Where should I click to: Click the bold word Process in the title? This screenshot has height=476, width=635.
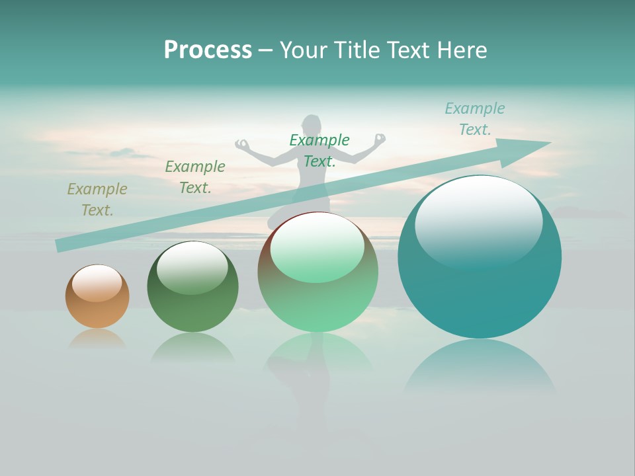208,50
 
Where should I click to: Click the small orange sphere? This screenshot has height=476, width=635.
97,297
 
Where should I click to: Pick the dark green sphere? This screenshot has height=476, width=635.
192,288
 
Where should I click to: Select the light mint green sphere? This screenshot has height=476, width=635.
317,272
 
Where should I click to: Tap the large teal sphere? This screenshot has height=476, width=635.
480,258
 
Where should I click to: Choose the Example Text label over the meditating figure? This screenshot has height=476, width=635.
319,151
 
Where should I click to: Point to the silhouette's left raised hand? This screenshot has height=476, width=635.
242,143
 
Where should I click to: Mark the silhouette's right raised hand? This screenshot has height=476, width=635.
380,139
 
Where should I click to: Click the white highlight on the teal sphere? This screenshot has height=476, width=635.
478,221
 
